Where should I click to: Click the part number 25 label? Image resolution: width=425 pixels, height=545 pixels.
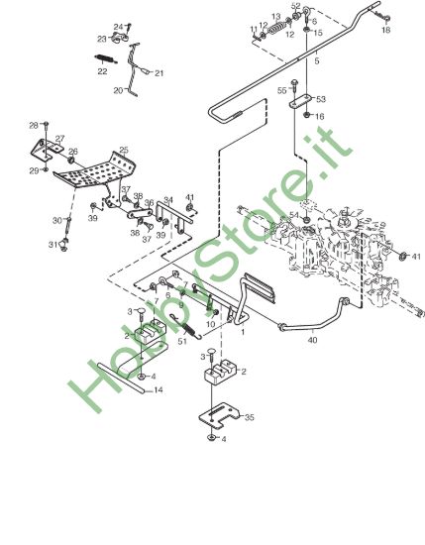point(124,151)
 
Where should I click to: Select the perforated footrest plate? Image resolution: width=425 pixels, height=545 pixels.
point(94,170)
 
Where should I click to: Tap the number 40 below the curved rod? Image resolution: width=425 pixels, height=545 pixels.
point(312,340)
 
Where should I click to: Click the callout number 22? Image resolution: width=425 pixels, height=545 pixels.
point(102,71)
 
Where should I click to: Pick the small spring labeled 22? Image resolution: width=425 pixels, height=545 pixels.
point(106,59)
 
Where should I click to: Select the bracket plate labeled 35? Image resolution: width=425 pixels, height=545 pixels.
point(219,415)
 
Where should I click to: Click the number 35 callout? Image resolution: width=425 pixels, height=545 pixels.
point(250,417)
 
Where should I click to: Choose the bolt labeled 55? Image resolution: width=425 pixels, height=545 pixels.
point(294,85)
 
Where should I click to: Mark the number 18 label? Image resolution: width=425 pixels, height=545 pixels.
point(385,30)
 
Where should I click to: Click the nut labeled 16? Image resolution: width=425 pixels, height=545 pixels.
point(307,115)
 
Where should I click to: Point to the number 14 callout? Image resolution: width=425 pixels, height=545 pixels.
point(159,390)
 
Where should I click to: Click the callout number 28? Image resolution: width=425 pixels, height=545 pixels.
point(34,125)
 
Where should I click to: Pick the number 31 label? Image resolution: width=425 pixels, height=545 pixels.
point(53,245)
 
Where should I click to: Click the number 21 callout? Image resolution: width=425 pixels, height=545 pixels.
point(159,73)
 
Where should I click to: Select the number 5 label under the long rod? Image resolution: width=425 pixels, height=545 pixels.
point(316,61)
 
